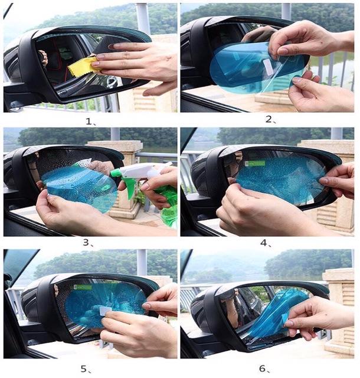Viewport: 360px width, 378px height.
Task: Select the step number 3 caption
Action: (88, 243)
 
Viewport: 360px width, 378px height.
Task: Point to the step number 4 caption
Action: (266, 243)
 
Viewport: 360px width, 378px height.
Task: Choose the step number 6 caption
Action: (264, 369)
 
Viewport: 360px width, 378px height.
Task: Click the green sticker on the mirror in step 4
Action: (255, 164)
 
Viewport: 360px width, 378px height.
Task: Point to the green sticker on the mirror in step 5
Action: (83, 287)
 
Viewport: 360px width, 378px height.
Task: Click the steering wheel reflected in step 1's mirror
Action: (43, 58)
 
